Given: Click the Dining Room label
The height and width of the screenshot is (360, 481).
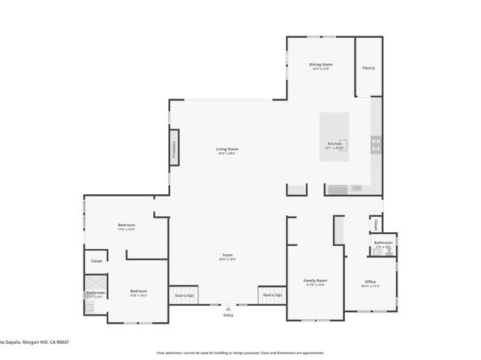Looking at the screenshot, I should pos(321,65).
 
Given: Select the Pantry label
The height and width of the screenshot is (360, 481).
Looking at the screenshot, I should pos(368,68).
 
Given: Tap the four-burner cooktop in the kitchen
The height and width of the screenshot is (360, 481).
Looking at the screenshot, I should pos(376,145).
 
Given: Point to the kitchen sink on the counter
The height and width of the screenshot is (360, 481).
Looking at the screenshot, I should pos(356,188).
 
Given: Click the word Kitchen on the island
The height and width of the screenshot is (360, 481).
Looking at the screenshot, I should pos(334,144).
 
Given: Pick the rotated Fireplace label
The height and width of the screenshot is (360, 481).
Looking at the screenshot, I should pos(172,149).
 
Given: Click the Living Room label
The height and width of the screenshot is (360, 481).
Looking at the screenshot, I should pos(227,149).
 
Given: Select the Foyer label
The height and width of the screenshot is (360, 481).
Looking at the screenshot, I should pos(228,256).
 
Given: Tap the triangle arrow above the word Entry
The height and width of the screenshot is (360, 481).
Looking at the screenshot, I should pos(228,307).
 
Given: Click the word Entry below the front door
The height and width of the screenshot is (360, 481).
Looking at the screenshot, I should pos(228,316).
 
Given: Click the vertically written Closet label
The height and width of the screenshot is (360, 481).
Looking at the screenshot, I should pos(376,225).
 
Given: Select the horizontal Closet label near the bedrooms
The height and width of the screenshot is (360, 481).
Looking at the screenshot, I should pos(96,261).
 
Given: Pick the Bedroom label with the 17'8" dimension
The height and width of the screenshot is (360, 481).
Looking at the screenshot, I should pos(126,225).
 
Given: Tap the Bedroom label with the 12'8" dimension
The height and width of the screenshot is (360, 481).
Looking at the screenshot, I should pos(139,290).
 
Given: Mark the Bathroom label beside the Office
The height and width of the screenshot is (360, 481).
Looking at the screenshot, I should pos(383,243).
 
